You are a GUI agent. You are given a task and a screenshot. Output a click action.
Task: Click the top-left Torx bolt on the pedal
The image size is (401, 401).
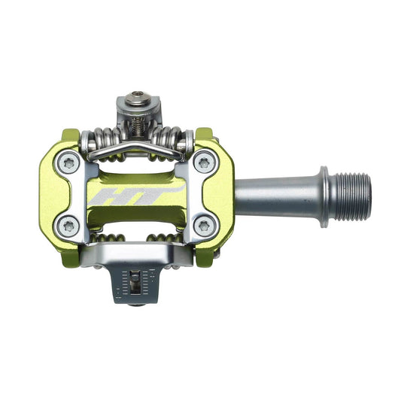68,163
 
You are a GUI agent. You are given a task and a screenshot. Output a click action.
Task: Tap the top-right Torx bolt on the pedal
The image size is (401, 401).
204,163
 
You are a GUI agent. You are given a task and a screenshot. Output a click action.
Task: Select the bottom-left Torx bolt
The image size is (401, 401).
68,226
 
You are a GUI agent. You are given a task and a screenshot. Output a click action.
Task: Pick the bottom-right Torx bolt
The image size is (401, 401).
204,226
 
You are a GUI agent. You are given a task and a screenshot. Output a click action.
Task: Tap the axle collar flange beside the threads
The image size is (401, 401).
324,196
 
